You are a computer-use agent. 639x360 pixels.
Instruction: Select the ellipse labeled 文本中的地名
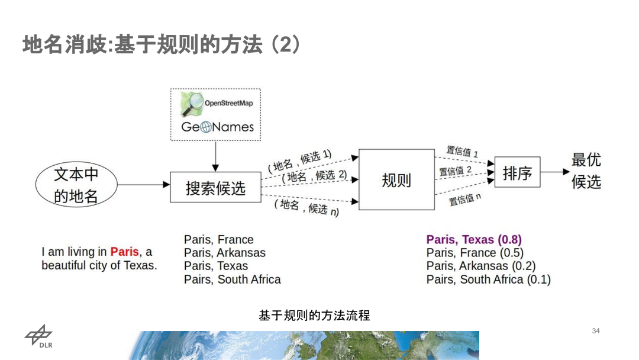pos(76,185)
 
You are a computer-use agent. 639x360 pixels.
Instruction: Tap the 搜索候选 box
pos(215,188)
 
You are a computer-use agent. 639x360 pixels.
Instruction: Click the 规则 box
pos(396,180)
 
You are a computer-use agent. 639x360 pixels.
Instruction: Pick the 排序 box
pos(517,173)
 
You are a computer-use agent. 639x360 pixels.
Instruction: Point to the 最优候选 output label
pos(586,171)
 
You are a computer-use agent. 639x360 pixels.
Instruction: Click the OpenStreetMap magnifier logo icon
pos(192,105)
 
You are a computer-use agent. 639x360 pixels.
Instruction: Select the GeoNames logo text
pos(217,127)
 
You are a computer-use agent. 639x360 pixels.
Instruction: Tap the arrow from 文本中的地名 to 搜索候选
pos(143,184)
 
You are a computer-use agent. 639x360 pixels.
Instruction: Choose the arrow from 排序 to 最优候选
pos(554,172)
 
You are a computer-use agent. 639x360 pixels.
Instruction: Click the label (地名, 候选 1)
pos(299,160)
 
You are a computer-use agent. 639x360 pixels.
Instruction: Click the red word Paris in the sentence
pos(124,252)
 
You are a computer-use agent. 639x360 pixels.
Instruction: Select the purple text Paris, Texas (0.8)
pos(474,240)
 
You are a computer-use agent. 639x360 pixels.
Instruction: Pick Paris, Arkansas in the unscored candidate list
pos(225,253)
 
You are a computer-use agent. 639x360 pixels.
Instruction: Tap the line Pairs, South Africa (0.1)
pos(488,279)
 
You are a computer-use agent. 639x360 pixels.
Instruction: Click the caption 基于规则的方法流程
pos(314,316)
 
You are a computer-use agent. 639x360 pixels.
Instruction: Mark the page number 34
pos(596,330)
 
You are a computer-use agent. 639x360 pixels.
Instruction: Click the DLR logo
pos(38,338)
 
